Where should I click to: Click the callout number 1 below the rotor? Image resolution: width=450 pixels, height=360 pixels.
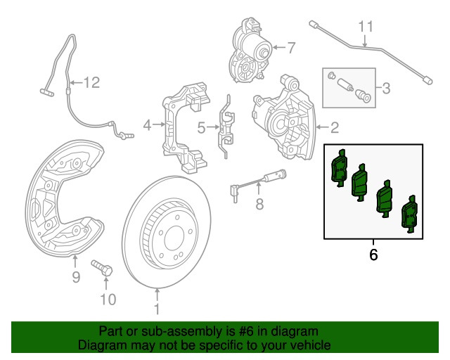(157, 308)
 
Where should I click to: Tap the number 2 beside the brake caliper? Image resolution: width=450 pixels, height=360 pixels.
(334, 127)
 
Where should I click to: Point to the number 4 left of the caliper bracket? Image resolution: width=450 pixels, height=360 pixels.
(147, 126)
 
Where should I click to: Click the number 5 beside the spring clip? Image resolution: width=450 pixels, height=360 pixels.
(201, 127)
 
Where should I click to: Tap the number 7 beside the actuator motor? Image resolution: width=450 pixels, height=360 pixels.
(292, 48)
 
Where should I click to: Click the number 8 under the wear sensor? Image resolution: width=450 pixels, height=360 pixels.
(258, 205)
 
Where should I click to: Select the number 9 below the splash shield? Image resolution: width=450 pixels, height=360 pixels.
(76, 277)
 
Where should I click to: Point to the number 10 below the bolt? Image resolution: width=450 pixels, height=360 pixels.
(106, 301)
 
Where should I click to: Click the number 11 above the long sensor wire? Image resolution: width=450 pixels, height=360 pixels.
(364, 27)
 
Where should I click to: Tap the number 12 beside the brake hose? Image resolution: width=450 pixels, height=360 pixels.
(92, 83)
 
